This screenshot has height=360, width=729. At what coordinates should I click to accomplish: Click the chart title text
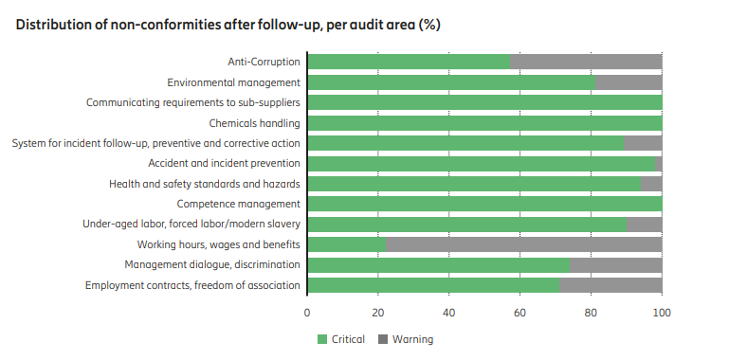[228, 25]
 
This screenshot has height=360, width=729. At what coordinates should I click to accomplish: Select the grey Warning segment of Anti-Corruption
[586, 62]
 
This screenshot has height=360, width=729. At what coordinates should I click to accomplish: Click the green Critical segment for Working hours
[347, 244]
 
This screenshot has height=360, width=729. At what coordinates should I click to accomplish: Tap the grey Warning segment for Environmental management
[629, 82]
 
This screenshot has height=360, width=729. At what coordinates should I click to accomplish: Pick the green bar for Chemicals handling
[485, 122]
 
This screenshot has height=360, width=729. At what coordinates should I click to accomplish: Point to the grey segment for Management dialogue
[616, 264]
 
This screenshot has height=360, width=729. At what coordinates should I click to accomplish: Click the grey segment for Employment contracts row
[611, 285]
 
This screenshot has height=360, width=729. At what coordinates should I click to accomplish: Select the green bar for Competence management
[485, 204]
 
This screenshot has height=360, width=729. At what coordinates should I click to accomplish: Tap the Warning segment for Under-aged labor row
[645, 225]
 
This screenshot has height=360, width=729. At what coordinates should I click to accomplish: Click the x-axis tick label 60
[519, 313]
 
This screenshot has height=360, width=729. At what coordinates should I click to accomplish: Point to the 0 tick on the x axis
[307, 313]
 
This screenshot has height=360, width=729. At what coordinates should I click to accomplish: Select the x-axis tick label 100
[662, 313]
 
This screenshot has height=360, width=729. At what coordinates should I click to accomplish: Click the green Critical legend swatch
[322, 339]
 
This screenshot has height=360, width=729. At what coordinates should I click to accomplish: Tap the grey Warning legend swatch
[383, 339]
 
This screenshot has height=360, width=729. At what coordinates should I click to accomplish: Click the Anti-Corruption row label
[264, 62]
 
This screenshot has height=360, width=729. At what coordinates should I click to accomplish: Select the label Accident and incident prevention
[224, 164]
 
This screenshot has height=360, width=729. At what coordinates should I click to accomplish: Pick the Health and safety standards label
[205, 184]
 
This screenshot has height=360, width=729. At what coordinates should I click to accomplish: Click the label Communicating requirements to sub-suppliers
[193, 102]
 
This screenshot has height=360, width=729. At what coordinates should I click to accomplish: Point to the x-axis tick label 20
[378, 313]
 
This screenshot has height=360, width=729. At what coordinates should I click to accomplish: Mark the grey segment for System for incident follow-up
[643, 143]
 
